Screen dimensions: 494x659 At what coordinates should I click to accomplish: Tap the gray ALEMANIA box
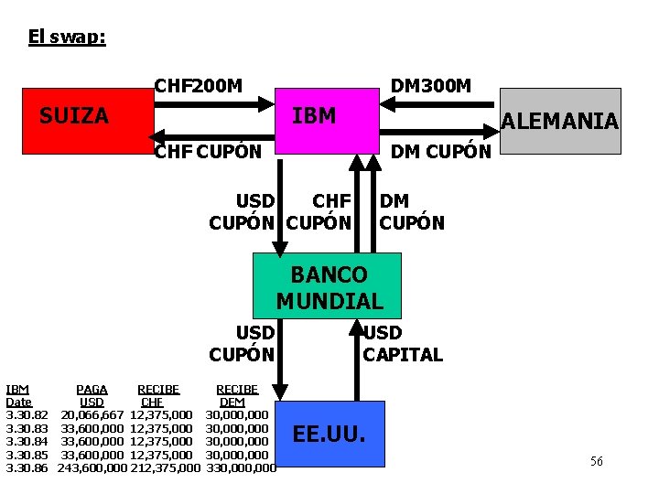point(561,120)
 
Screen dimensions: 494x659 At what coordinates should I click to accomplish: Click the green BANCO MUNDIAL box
point(329,287)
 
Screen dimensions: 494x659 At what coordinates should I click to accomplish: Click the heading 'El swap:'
point(67,38)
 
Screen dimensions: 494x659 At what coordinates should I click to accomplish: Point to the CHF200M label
point(199,86)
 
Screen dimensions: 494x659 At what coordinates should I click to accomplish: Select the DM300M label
point(430,86)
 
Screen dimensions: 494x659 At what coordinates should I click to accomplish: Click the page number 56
point(597,462)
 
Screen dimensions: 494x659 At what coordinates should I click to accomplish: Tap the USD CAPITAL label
point(403,343)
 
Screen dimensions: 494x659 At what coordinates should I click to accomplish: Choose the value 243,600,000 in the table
point(92,467)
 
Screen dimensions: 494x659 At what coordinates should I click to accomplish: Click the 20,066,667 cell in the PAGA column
point(92,415)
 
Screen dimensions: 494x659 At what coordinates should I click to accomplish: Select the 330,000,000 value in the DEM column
point(242,467)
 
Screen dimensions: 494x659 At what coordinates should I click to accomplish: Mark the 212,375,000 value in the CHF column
point(166,467)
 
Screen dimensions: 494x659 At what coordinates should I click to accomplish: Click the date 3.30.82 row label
point(27,415)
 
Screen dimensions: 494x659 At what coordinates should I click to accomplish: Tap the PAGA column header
point(92,389)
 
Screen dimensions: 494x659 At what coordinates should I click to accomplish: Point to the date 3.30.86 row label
point(27,467)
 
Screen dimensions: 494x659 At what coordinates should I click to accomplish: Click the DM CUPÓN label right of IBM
point(441,152)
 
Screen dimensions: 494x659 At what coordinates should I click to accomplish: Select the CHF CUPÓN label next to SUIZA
point(208,152)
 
